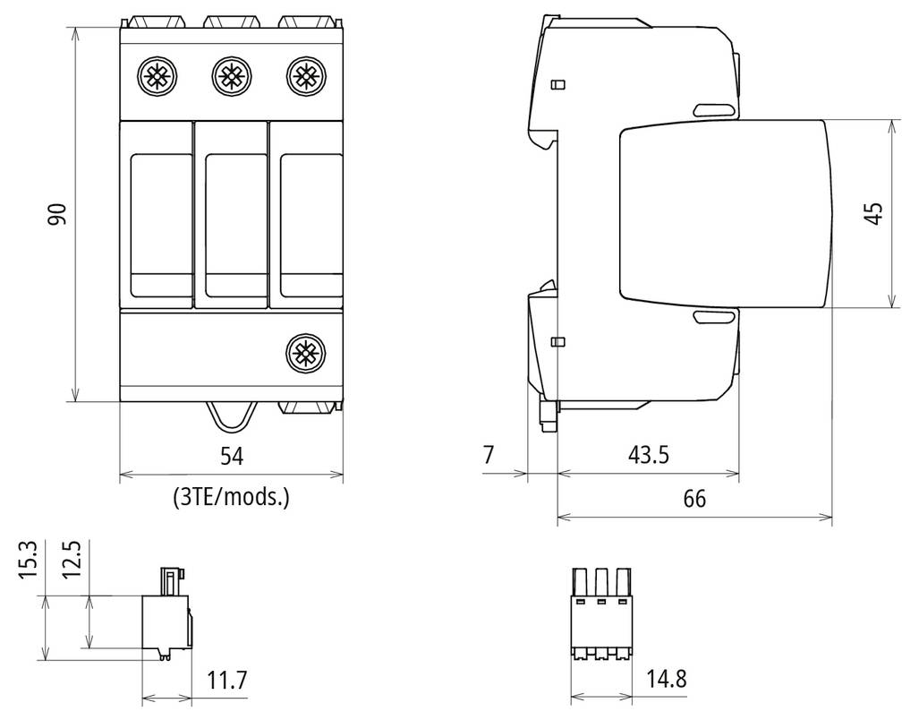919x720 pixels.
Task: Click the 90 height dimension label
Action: (57, 215)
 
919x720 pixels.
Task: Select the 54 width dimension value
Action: (232, 456)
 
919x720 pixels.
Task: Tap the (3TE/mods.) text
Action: (231, 498)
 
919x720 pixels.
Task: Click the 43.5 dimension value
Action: (648, 454)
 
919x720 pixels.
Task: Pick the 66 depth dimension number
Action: (694, 499)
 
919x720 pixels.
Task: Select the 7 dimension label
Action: (489, 454)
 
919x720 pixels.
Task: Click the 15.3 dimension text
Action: (28, 560)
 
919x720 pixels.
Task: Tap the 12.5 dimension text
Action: (71, 560)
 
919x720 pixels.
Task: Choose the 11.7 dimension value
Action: (227, 680)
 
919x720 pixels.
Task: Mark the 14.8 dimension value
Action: (667, 679)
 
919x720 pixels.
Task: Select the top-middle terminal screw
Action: (232, 76)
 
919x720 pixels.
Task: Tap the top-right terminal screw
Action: (306, 76)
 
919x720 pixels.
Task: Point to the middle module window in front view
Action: (231, 226)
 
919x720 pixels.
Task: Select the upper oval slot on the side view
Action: (714, 109)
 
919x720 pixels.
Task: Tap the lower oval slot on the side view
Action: (714, 317)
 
